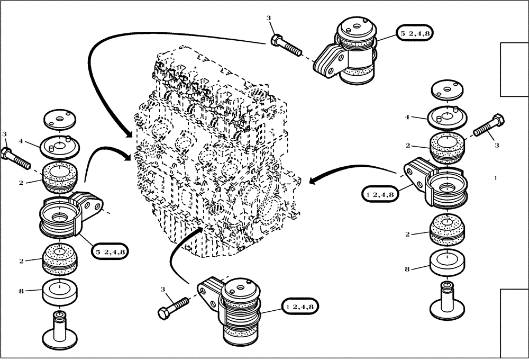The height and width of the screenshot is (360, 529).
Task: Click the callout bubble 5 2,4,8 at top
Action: tap(412, 34)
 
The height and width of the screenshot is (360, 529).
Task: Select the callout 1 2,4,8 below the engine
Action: tap(299, 306)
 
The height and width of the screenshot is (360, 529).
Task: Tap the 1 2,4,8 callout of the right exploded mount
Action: tap(379, 194)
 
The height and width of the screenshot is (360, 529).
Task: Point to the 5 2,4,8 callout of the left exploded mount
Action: tap(110, 252)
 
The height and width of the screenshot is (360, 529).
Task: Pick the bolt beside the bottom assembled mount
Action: tap(173, 307)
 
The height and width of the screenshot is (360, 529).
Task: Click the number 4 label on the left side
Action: tap(20, 141)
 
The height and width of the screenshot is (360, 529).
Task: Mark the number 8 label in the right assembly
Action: tap(407, 269)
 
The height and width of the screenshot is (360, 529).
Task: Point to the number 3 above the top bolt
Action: tap(268, 19)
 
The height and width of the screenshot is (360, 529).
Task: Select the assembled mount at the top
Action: tap(349, 53)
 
